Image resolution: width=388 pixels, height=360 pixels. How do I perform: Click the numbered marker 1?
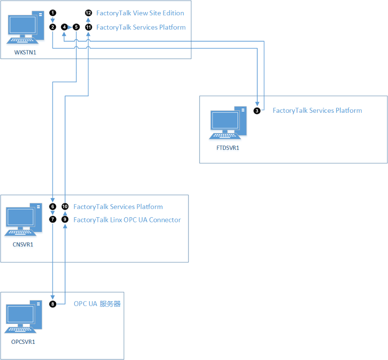coord(53,13)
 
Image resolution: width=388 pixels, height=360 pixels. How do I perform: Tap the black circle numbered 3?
coord(257,110)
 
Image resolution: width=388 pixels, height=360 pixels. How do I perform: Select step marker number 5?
coord(76,27)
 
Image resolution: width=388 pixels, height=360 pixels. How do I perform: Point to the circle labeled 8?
coord(53,304)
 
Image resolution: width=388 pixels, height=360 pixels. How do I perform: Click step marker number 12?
coord(88,13)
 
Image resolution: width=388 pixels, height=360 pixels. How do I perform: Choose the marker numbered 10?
coord(65,207)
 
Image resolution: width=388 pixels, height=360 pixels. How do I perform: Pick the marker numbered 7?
coord(53,220)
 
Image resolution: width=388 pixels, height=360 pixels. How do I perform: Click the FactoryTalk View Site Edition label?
coord(140,13)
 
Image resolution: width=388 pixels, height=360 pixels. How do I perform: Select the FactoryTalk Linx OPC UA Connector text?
coord(127,220)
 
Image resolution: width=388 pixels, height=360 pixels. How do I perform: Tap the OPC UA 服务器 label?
coord(97,304)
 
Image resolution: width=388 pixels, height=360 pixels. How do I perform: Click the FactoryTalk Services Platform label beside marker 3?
coord(317,110)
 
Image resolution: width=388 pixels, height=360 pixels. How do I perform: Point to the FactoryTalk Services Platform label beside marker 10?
coord(118,207)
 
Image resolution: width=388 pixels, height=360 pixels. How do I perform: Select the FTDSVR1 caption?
coord(227,148)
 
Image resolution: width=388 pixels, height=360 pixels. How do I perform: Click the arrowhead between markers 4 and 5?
coord(70,27)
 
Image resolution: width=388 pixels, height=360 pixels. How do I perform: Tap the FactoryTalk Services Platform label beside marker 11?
coord(141,27)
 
